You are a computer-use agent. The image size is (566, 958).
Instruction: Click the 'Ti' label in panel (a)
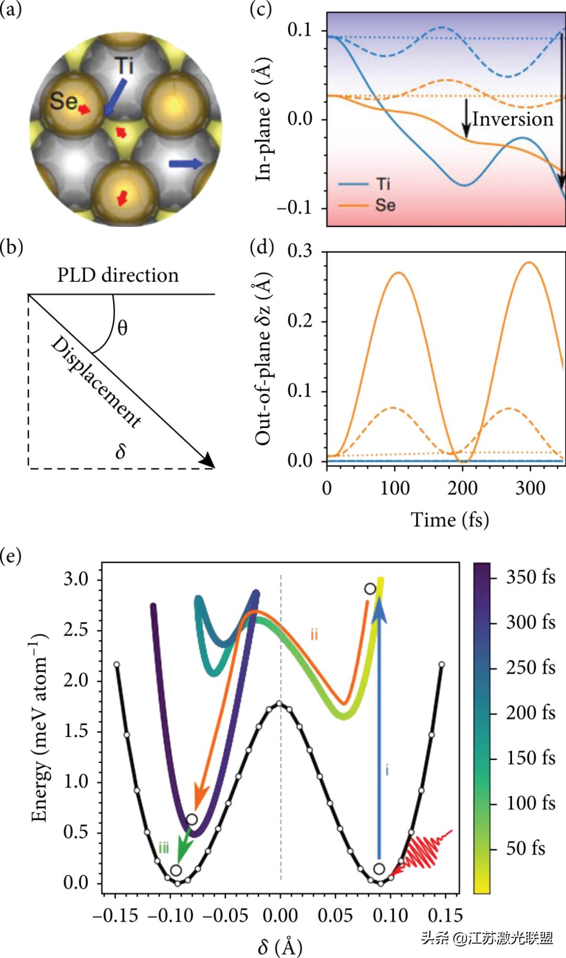[124, 66]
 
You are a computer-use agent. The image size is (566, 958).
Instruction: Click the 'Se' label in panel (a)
[63, 101]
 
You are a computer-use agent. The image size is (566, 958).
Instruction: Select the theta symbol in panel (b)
[122, 329]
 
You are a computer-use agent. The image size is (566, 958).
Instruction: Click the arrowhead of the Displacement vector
[209, 461]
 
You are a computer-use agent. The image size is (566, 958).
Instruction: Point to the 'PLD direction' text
[118, 275]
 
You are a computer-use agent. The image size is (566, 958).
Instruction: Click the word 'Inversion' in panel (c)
[513, 119]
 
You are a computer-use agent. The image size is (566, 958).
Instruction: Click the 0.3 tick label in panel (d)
[300, 251]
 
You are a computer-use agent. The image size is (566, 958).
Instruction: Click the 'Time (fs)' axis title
[450, 519]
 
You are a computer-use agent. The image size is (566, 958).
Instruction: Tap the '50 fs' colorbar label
[526, 848]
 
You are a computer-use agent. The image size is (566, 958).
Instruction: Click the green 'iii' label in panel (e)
[164, 847]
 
